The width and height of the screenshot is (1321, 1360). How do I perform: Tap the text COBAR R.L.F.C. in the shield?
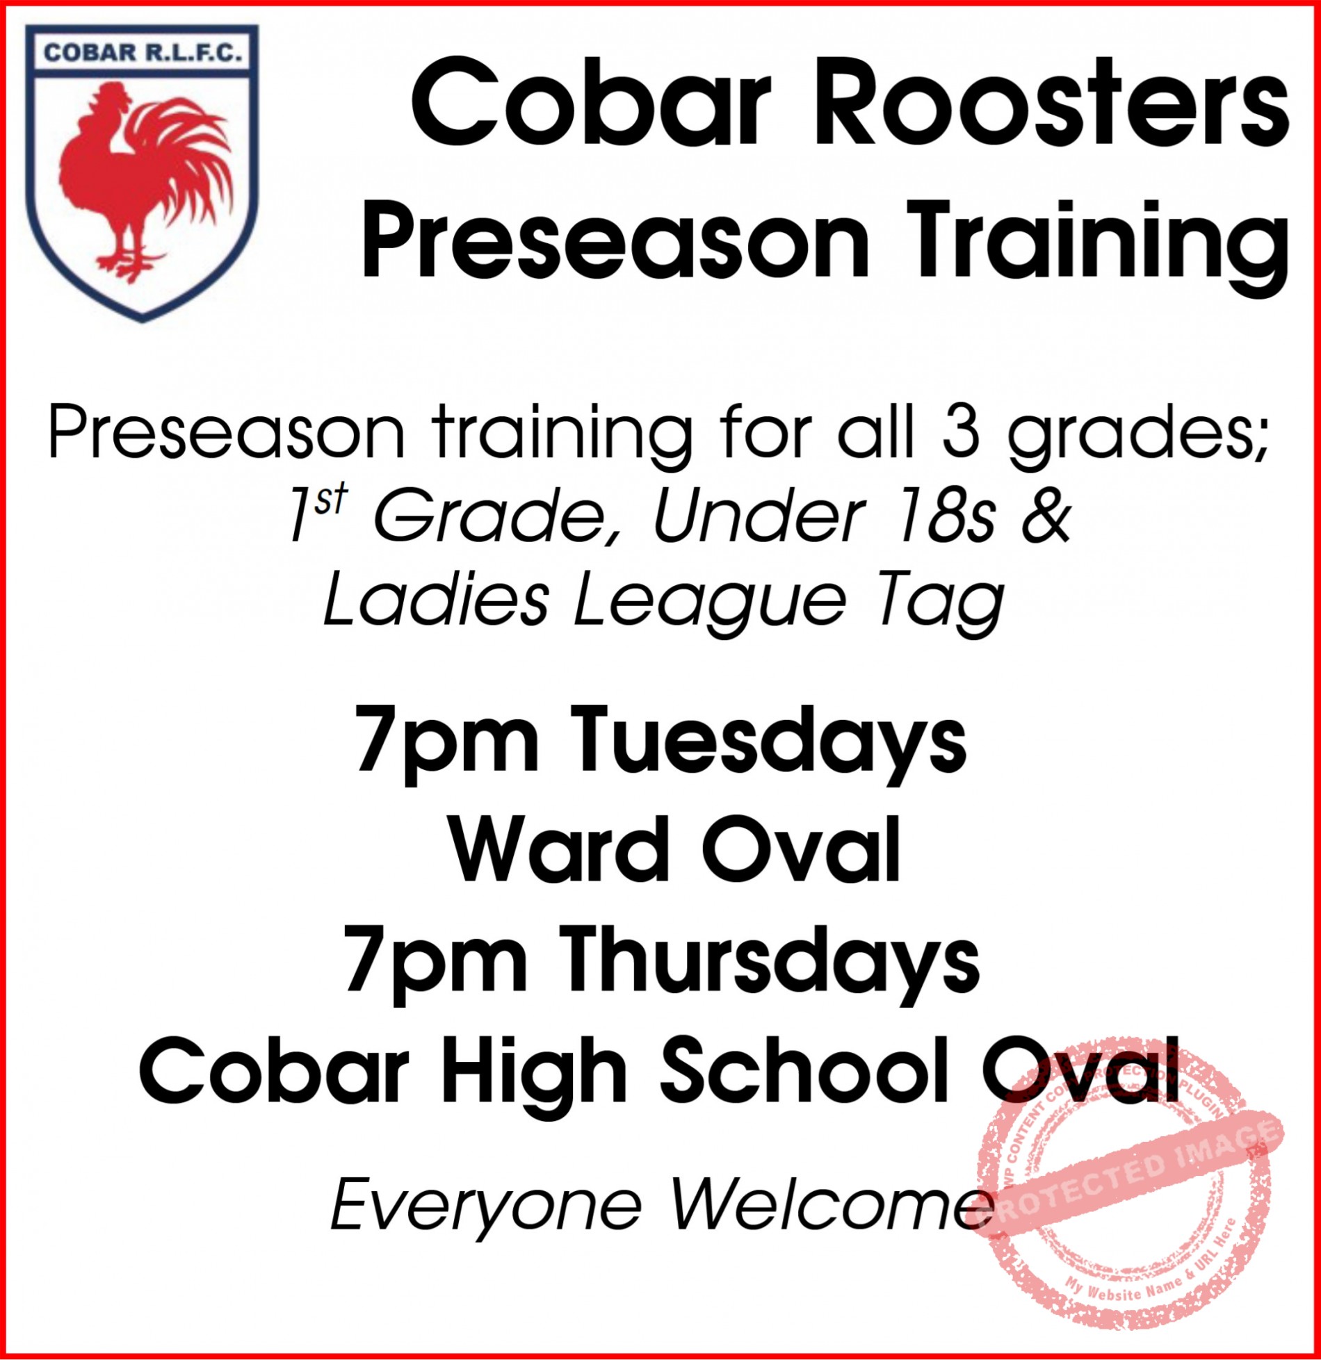(x=143, y=53)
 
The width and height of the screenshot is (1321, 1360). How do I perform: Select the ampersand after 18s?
(x=1047, y=517)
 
